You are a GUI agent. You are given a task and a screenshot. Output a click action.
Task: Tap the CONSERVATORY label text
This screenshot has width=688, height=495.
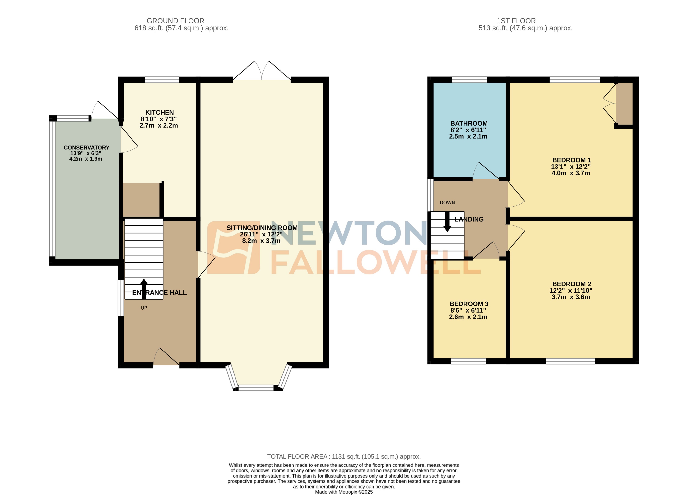86,148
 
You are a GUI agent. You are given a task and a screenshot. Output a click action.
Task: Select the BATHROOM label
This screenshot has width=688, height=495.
469,123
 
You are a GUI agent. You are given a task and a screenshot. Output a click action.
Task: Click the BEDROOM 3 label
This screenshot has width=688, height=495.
469,304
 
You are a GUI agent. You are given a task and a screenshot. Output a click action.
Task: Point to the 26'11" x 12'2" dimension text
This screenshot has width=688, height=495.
261,235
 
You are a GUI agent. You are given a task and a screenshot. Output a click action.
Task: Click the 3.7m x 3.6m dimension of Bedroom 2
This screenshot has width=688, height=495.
571,297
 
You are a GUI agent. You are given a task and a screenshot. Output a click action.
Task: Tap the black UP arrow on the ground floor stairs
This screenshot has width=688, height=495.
144,288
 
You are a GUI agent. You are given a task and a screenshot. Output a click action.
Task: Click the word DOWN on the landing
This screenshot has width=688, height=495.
447,203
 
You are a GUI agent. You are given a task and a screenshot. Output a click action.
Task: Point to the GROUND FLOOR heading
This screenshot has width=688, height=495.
175,21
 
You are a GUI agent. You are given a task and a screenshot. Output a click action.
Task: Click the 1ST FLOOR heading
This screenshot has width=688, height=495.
516,21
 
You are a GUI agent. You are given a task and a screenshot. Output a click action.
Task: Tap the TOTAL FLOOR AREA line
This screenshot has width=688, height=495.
344,457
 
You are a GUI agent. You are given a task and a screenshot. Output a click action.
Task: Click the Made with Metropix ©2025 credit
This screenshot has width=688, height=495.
344,492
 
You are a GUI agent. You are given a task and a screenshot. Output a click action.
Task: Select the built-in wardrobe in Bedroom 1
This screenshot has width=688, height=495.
624,103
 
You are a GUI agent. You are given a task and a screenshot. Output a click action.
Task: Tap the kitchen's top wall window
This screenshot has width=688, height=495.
162,80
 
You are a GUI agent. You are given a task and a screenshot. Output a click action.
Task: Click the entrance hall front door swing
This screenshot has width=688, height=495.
166,358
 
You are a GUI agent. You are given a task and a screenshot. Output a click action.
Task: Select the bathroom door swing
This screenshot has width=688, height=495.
485,171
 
